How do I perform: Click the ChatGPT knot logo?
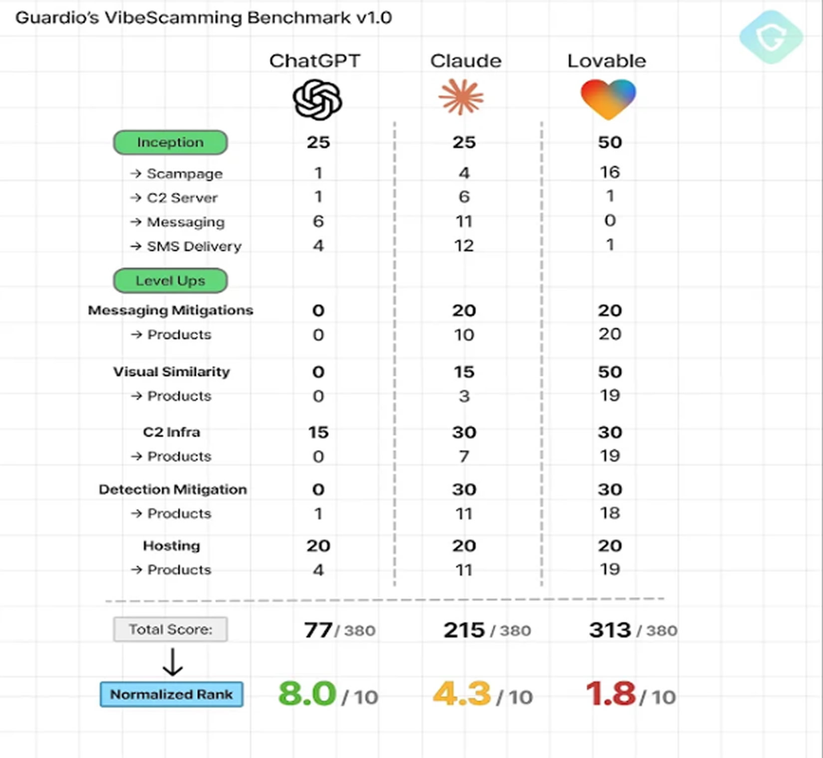point(317,100)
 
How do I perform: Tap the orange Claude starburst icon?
point(461,97)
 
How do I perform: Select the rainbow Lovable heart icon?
point(608,98)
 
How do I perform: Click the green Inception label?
point(170,142)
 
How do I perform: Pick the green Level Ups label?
point(170,281)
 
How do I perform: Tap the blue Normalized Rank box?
point(171,694)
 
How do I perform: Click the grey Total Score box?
point(170,629)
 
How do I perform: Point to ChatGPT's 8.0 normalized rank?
point(307,694)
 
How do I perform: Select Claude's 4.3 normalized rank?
point(462,694)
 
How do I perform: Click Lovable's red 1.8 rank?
point(610,694)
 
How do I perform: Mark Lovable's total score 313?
point(610,630)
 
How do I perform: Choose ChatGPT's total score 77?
point(318,630)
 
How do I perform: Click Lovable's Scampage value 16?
point(610,172)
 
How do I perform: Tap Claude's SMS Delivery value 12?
point(464,246)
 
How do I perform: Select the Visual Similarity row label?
point(171,372)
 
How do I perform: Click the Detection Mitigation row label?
point(173,489)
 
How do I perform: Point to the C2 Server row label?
point(182,198)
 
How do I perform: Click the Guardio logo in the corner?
point(771,37)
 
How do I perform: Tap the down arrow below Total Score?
point(173,662)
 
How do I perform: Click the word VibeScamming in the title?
point(173,18)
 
